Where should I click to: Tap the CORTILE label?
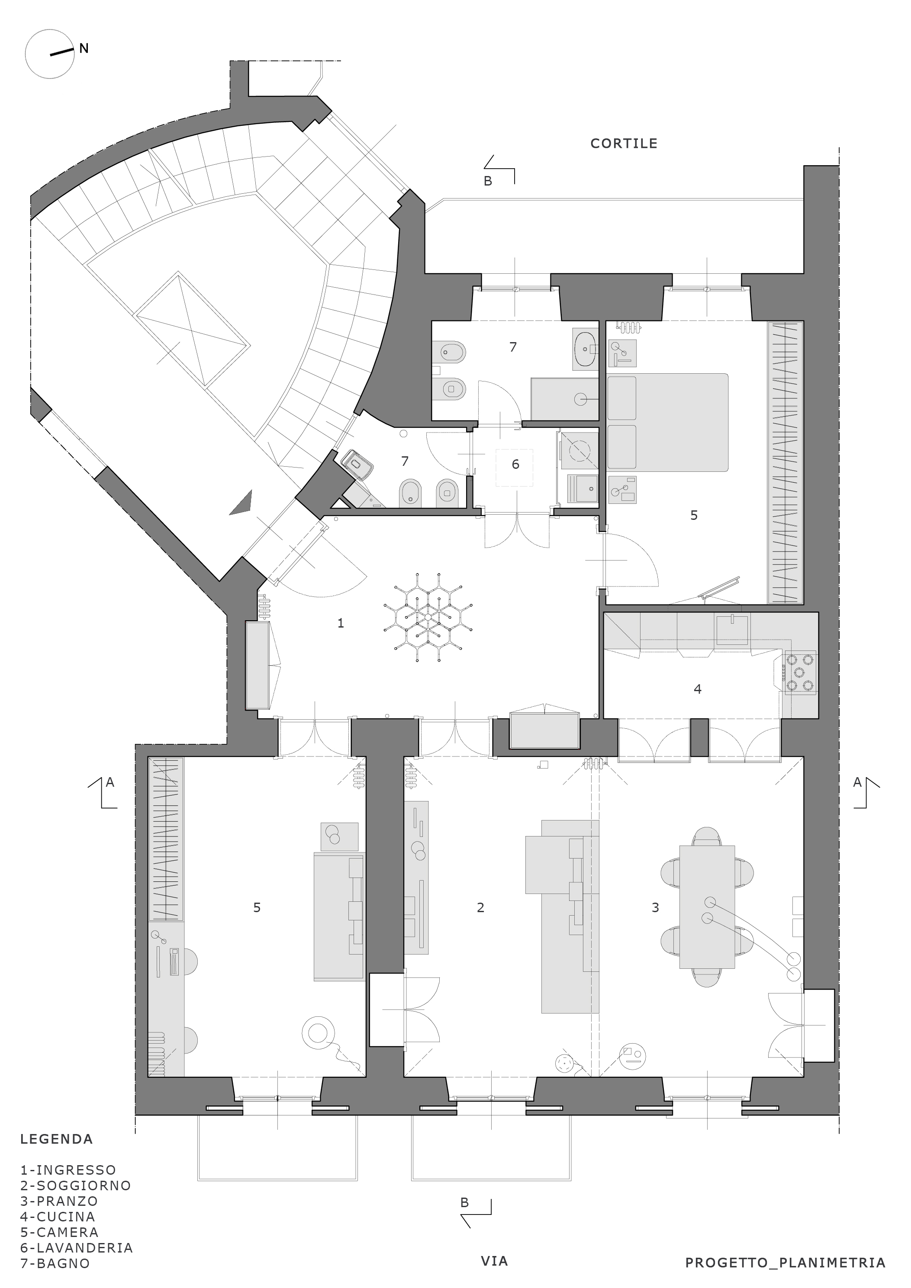(624, 144)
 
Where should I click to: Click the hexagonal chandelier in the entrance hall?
(428, 617)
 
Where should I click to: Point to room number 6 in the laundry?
(515, 464)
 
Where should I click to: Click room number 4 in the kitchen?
(698, 689)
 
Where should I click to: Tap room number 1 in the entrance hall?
(340, 623)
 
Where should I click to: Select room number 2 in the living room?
(480, 907)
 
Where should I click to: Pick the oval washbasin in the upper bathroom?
(586, 349)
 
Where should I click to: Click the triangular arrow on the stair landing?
(241, 503)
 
